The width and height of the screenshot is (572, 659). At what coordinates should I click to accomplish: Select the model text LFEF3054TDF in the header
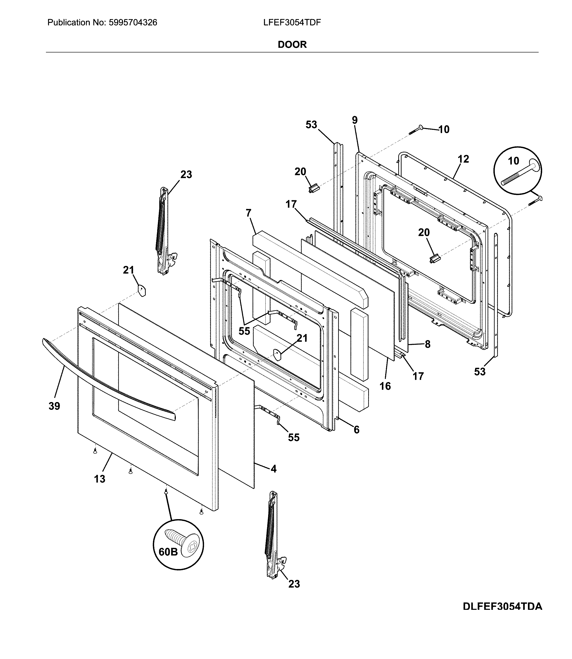292,23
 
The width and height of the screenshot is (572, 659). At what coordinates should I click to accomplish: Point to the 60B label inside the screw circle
168,552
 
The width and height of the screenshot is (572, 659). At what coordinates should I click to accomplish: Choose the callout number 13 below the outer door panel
100,479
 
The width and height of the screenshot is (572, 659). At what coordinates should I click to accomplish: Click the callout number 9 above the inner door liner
355,120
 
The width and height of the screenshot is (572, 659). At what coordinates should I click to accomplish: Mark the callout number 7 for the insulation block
249,213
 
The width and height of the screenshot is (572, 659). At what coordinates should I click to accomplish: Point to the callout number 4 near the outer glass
274,469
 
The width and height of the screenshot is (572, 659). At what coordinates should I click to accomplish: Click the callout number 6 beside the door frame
356,430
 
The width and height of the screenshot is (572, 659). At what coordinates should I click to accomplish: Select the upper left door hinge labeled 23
164,230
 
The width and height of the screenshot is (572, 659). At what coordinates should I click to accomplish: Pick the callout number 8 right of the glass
427,344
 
